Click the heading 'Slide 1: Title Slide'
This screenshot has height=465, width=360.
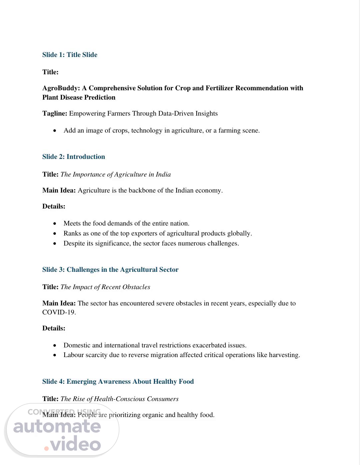70,55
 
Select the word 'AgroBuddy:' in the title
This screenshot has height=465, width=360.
61,88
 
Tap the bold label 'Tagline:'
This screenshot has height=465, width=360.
55,113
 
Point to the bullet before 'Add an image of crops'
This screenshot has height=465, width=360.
55,131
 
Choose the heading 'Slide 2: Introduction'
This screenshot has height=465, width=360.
73,157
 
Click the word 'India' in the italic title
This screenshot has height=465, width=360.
163,174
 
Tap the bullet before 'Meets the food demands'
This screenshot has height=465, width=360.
55,224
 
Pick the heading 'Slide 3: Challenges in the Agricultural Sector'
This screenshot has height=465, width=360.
110,269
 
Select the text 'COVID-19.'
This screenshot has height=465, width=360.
59,312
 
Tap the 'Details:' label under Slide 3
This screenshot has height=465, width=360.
54,328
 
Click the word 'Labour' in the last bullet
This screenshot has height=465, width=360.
74,355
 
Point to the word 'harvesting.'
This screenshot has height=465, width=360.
284,355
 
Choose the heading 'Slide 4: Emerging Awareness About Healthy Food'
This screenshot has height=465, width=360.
118,381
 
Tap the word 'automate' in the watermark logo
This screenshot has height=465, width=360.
57,426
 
